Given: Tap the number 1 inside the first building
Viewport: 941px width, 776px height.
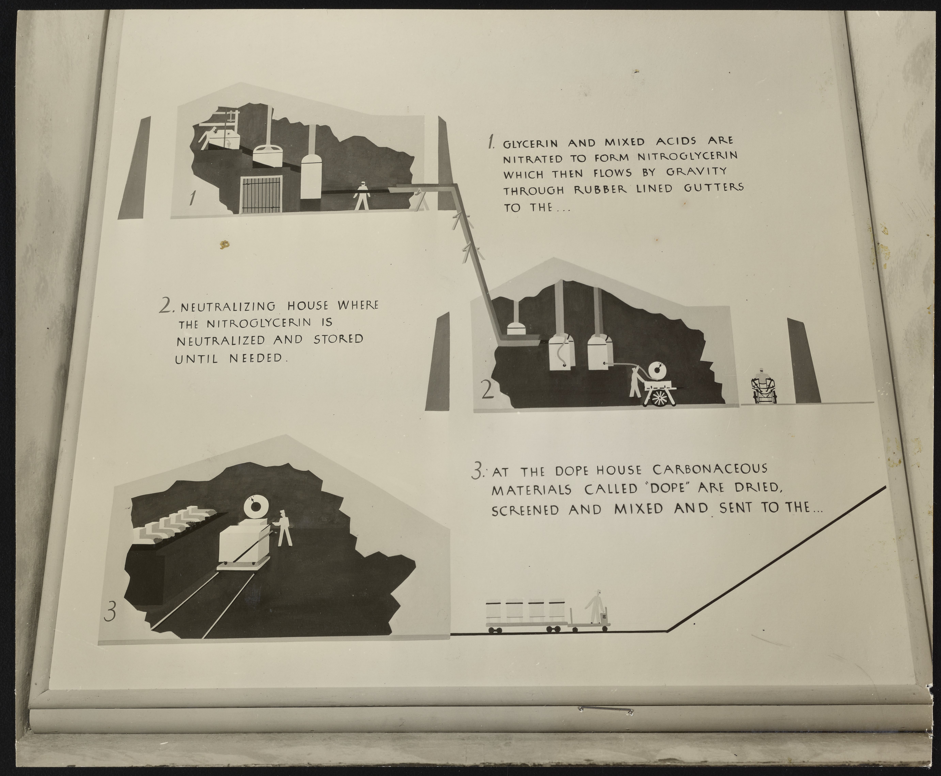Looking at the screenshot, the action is coord(192,198).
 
